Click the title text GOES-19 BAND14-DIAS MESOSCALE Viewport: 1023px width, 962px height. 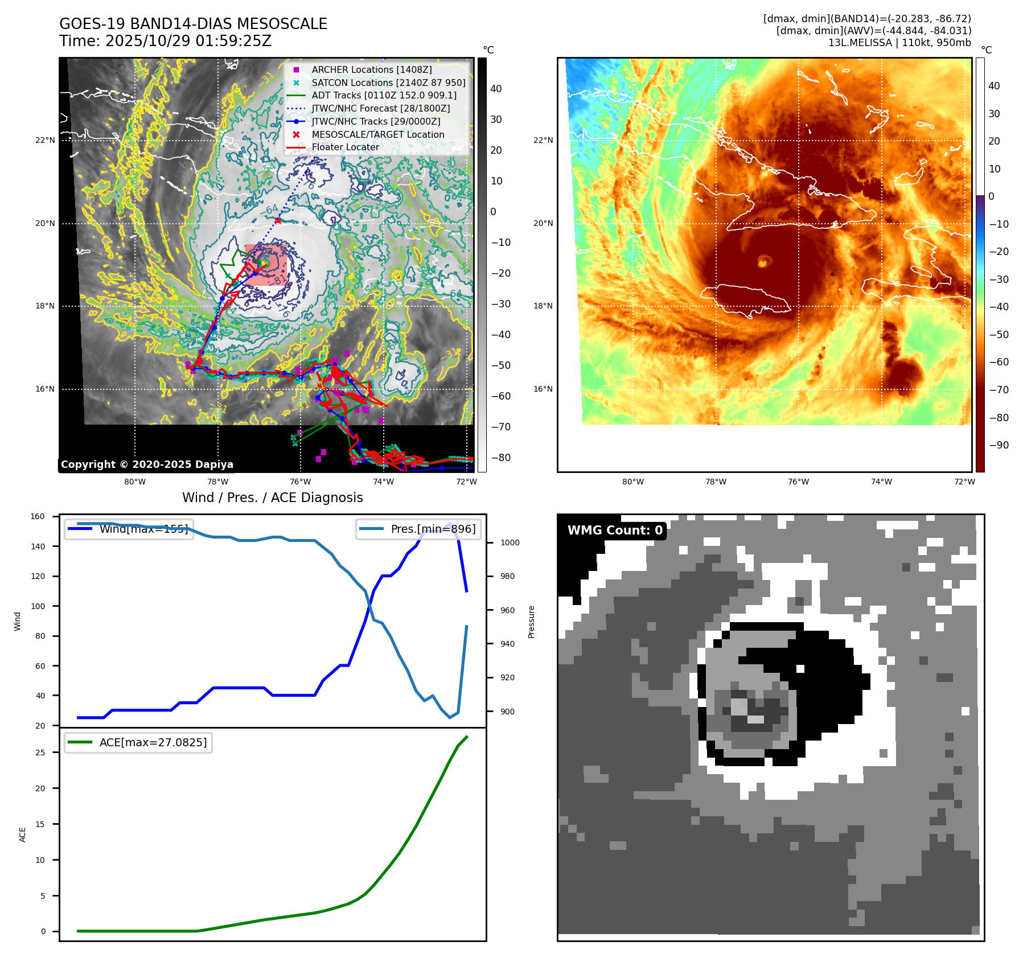click(193, 24)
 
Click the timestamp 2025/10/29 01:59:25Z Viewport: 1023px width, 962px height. click(188, 41)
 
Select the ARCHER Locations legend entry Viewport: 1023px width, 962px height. click(371, 69)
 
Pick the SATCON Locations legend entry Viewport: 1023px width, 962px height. click(388, 83)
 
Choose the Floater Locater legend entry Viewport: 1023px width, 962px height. click(345, 147)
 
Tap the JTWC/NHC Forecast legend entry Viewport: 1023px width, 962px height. click(380, 108)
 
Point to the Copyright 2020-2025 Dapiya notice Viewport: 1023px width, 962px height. click(147, 464)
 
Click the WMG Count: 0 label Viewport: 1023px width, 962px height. click(615, 531)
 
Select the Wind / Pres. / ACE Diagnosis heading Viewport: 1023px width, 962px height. click(272, 498)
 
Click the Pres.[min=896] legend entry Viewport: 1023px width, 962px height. click(433, 529)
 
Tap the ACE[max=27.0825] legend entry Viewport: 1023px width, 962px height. click(153, 742)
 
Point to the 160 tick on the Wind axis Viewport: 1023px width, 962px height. click(38, 516)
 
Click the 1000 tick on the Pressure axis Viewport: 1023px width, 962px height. click(510, 542)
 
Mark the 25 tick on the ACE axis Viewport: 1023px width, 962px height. click(40, 753)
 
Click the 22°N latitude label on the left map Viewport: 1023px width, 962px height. click(45, 140)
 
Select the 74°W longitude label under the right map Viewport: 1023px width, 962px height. click(881, 482)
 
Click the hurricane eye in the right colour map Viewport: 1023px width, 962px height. click(763, 261)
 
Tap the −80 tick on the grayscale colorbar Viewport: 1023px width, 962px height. click(501, 458)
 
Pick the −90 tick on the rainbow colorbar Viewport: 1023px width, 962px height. click(999, 445)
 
